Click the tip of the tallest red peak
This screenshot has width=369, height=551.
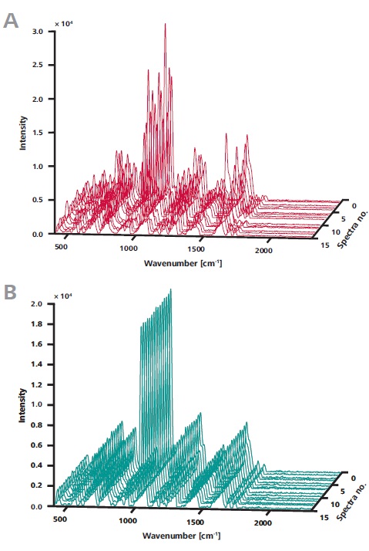[165, 24]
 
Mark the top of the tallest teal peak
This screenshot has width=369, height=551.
[170, 289]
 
